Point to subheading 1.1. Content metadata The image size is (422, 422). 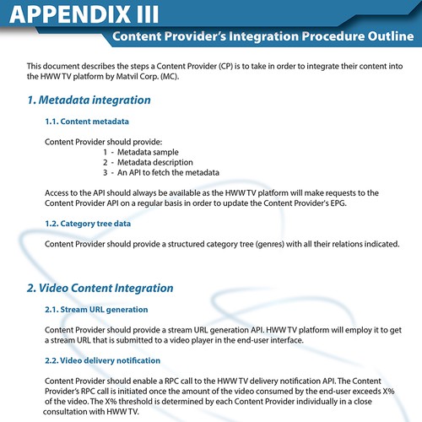(88, 122)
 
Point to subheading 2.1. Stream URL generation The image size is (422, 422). (96, 310)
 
